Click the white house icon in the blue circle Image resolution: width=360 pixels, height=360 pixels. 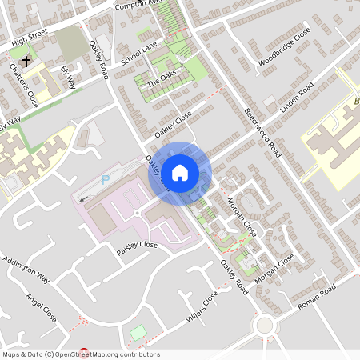pyautogui.click(x=180, y=172)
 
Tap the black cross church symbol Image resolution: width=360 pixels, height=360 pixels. pyautogui.click(x=26, y=60)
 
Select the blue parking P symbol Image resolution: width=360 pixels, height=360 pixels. pyautogui.click(x=106, y=180)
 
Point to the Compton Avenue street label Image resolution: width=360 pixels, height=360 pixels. pyautogui.click(x=138, y=5)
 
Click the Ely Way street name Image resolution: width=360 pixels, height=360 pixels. pyautogui.click(x=69, y=77)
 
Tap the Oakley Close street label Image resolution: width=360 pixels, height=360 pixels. pyautogui.click(x=174, y=124)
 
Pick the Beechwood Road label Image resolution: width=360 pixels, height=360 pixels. pyautogui.click(x=263, y=133)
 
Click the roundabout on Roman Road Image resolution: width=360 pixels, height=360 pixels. pyautogui.click(x=264, y=325)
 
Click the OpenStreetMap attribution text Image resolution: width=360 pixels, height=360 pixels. pyautogui.click(x=80, y=354)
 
